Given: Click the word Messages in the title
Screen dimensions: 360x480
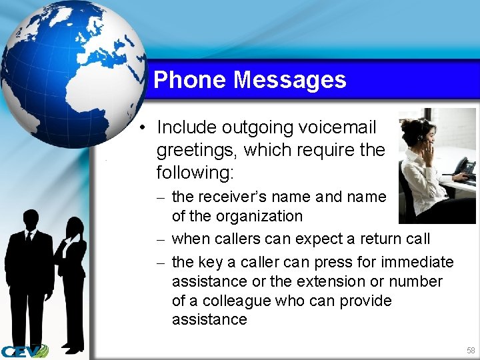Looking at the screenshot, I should tap(290, 80).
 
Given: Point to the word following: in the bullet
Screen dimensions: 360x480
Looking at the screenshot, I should tap(195, 173).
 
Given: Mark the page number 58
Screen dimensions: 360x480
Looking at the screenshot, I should tap(471, 350).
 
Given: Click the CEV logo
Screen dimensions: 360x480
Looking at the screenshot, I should tap(24, 351).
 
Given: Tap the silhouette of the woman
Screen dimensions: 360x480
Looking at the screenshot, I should tap(71, 280).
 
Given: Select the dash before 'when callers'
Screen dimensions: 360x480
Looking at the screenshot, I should tap(162, 239).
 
